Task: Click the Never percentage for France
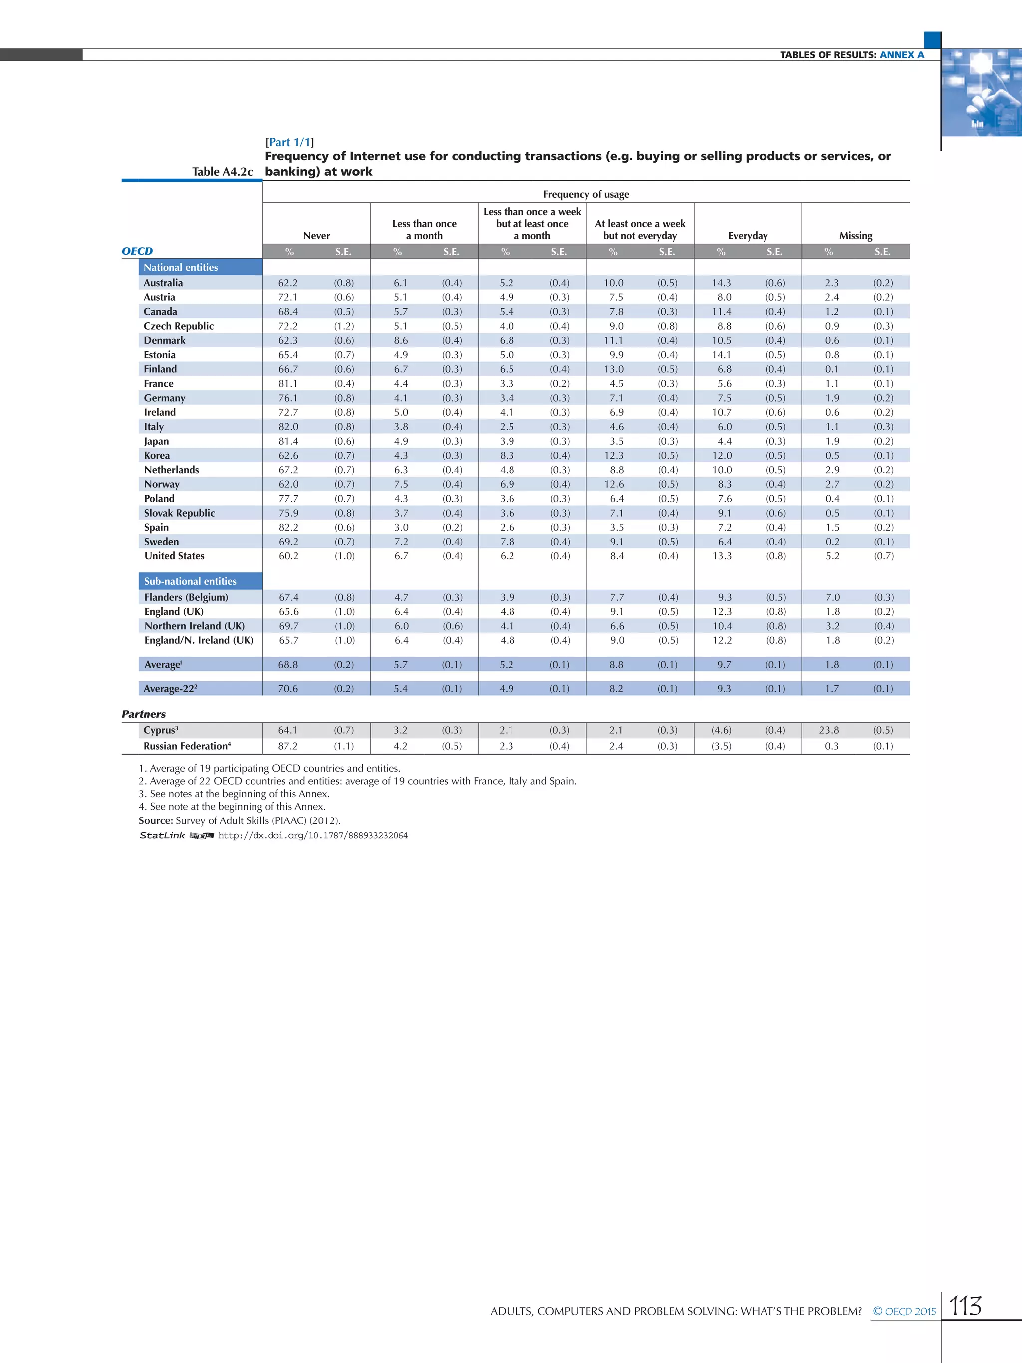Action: point(288,383)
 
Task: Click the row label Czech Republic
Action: point(179,326)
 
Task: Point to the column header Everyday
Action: point(747,236)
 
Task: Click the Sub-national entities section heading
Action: point(190,581)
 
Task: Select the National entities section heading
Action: point(181,267)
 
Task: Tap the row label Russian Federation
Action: point(187,746)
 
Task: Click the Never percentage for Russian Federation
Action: point(288,746)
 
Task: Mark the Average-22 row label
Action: point(170,688)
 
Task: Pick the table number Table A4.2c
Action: point(222,171)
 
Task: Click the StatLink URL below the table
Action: point(312,835)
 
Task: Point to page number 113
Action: point(965,1306)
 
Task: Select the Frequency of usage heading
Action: point(586,194)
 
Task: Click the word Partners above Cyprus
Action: point(144,714)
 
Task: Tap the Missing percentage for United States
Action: point(832,556)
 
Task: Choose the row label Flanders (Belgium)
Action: point(186,597)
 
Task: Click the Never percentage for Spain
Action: point(288,527)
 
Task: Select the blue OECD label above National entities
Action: point(137,251)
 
